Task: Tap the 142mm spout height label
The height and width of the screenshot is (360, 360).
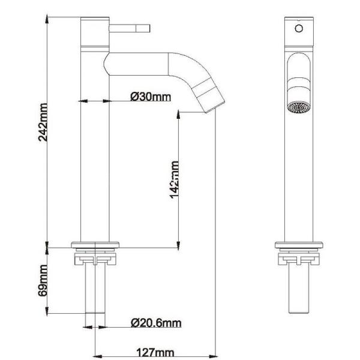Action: [175, 178]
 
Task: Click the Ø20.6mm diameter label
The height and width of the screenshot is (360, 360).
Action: [155, 324]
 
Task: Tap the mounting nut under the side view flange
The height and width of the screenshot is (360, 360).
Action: [95, 259]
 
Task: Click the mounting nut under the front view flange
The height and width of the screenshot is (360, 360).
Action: [298, 259]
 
